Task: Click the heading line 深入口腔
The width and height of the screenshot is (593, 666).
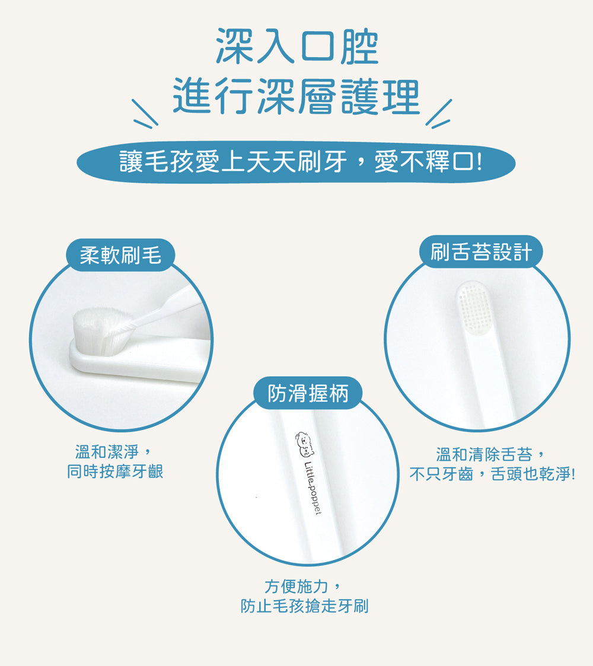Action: pos(296,46)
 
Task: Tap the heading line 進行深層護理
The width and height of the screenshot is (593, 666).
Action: pos(296,97)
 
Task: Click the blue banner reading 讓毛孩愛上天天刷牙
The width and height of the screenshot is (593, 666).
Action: pos(296,162)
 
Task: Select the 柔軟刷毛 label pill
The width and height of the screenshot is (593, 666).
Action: pos(120,255)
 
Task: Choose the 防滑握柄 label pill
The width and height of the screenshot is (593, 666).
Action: pos(308,393)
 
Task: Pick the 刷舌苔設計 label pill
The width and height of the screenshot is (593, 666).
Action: pos(482,252)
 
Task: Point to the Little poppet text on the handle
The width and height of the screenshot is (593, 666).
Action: pos(313,488)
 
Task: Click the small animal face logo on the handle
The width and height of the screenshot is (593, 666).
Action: pos(305,444)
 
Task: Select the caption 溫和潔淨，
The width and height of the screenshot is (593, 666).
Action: pos(113,452)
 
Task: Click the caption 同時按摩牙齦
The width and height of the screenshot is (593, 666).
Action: pos(114,471)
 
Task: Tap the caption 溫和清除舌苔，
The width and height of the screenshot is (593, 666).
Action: pos(490,454)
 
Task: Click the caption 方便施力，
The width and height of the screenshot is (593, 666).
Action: pos(302,587)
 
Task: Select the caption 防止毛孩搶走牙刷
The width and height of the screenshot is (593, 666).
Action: pos(304,606)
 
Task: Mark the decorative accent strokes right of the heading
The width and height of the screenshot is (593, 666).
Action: pos(439,114)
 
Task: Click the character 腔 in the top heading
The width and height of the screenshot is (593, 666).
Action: pos(359,47)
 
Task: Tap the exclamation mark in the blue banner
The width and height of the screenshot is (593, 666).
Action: pos(480,162)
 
